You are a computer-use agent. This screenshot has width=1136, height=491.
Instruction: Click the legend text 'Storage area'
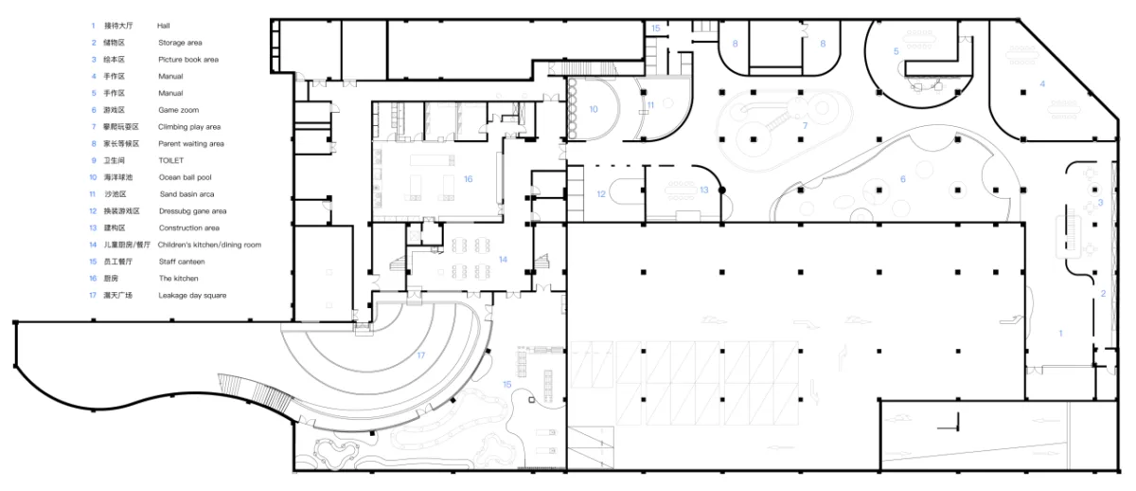pyautogui.click(x=180, y=43)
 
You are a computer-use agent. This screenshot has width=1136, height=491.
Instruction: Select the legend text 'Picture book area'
pyautogui.click(x=188, y=60)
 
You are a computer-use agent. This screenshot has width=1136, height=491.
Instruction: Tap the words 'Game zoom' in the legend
pyautogui.click(x=179, y=110)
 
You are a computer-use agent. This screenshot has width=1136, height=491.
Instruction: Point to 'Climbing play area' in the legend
pyautogui.click(x=189, y=127)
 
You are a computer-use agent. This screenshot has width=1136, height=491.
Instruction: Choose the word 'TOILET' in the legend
pyautogui.click(x=171, y=160)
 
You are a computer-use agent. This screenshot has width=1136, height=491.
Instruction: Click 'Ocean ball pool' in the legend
pyautogui.click(x=186, y=177)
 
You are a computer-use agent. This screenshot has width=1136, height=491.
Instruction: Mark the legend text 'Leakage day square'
pyautogui.click(x=192, y=296)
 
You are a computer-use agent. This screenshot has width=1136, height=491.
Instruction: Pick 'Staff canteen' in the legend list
pyautogui.click(x=182, y=262)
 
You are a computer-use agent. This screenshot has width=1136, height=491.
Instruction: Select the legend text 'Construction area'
pyautogui.click(x=189, y=228)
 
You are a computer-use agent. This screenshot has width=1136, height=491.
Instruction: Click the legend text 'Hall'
pyautogui.click(x=163, y=26)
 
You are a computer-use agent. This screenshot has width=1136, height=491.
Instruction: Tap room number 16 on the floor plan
pyautogui.click(x=468, y=179)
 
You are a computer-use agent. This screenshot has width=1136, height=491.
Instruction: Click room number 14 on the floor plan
pyautogui.click(x=503, y=260)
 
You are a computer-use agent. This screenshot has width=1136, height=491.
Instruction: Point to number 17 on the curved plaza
pyautogui.click(x=421, y=355)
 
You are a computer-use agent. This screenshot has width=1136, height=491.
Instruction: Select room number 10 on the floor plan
pyautogui.click(x=594, y=109)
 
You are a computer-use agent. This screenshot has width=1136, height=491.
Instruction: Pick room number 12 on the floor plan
pyautogui.click(x=601, y=194)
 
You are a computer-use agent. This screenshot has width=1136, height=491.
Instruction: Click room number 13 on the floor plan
pyautogui.click(x=704, y=190)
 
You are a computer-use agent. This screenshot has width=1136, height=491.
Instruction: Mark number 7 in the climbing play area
pyautogui.click(x=805, y=126)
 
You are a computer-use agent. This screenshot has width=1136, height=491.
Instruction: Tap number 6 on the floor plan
pyautogui.click(x=903, y=179)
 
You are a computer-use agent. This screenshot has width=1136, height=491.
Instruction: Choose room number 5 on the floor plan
pyautogui.click(x=896, y=51)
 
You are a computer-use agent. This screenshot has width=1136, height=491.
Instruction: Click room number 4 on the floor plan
pyautogui.click(x=1042, y=83)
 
